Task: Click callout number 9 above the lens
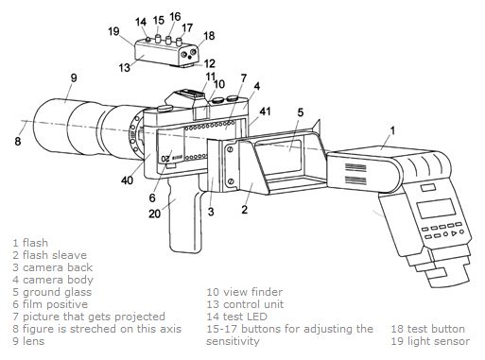74,77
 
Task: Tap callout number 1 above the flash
392,130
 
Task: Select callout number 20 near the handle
154,214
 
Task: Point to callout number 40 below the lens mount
127,180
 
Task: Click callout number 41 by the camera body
265,111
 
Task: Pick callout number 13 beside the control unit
125,67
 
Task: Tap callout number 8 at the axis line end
18,141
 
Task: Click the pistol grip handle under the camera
184,217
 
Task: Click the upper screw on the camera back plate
230,149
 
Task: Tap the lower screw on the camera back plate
231,180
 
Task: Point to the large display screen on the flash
437,209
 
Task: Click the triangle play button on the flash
454,233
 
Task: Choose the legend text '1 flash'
30,243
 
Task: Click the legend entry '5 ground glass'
52,293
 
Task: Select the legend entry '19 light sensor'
430,341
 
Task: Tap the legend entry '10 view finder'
245,292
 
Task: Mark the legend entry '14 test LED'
236,317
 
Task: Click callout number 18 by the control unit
209,36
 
